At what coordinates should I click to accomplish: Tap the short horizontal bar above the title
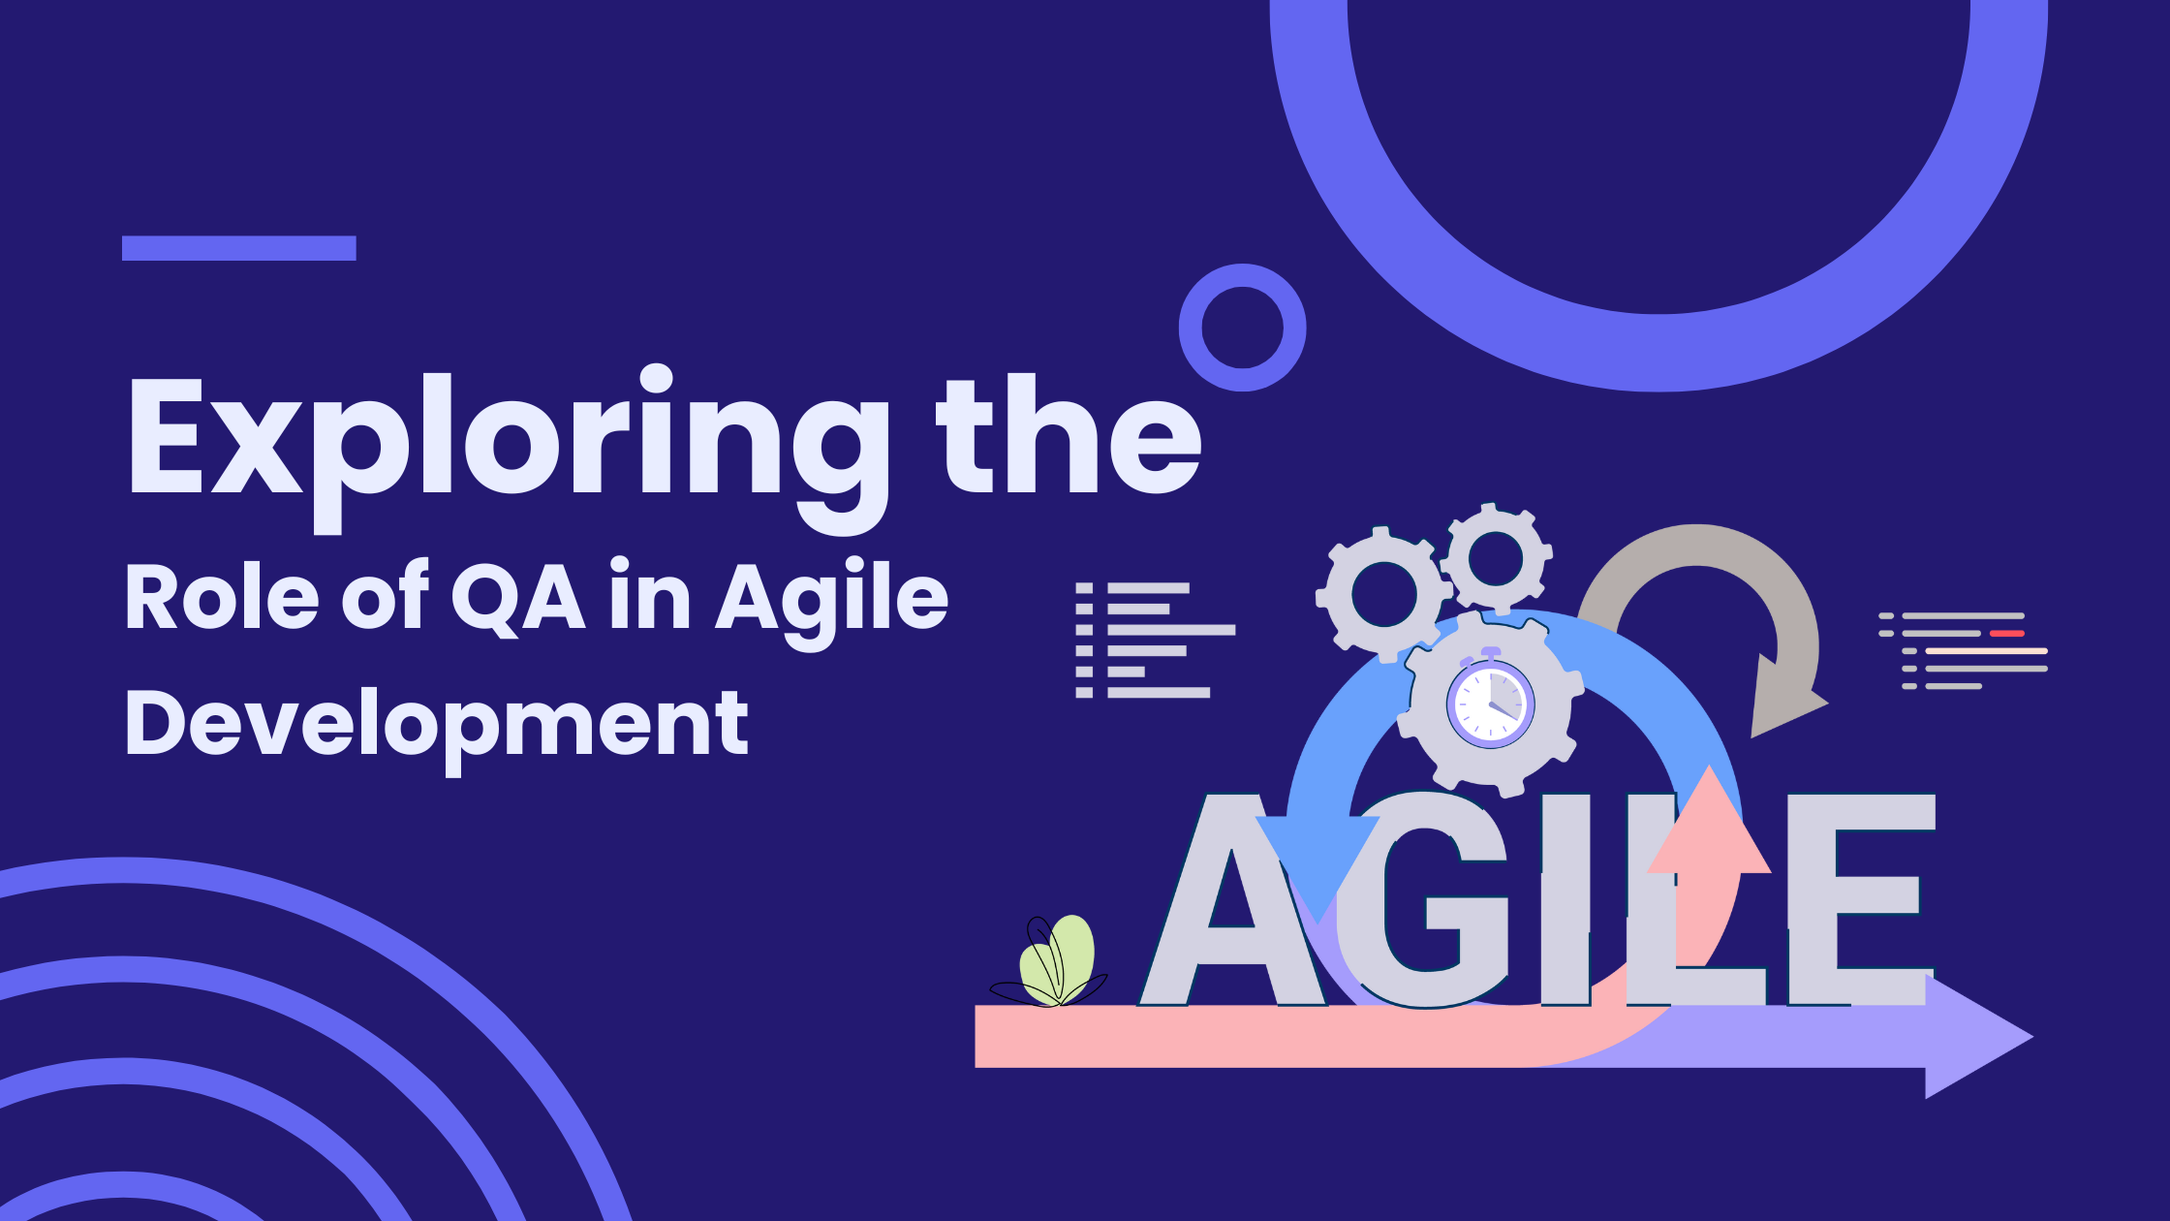tap(239, 248)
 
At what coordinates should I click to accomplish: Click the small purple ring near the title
tap(1242, 328)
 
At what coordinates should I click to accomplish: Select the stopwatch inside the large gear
tap(1490, 700)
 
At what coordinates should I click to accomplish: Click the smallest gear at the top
tap(1497, 558)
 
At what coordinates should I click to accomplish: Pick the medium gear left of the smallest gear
tap(1383, 594)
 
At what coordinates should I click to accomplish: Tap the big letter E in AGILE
tap(1861, 899)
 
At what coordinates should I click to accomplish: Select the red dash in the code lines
tap(2006, 633)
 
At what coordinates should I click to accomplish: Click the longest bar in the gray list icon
tap(1171, 630)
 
